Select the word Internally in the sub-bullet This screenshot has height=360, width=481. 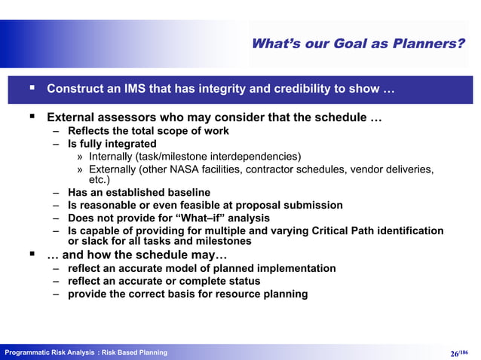[111, 156]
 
